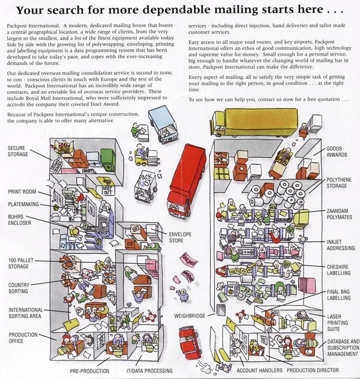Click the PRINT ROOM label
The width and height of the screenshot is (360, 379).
click(x=21, y=192)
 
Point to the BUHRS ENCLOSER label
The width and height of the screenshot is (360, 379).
click(x=19, y=220)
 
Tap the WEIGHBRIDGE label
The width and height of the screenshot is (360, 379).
click(x=190, y=315)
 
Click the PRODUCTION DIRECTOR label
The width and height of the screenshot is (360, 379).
click(x=313, y=370)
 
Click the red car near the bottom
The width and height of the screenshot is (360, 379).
click(x=190, y=342)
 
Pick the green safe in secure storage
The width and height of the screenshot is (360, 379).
click(x=108, y=159)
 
